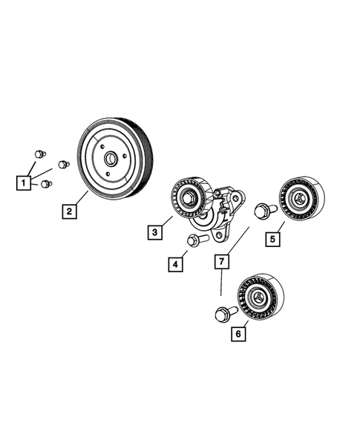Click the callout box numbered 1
(25, 180)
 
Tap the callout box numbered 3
(154, 233)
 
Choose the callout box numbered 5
(273, 239)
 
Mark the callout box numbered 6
(238, 335)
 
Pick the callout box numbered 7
(220, 260)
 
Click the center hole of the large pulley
(110, 158)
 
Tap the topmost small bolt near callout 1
(39, 154)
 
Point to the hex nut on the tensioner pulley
(188, 197)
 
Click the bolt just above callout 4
(195, 240)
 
